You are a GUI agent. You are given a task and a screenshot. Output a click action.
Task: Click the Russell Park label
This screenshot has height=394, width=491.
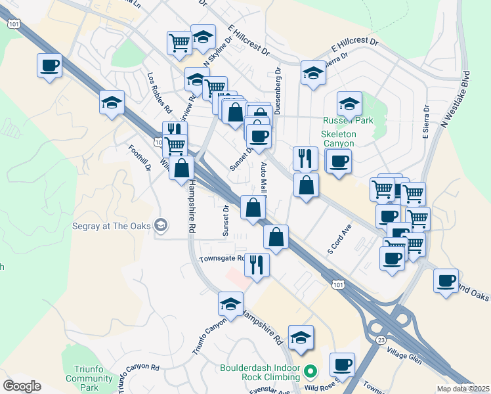(x=347, y=120)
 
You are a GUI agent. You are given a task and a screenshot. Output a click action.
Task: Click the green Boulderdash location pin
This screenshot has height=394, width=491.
(x=310, y=373)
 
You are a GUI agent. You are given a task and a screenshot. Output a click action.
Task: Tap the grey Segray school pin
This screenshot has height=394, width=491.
(x=160, y=227)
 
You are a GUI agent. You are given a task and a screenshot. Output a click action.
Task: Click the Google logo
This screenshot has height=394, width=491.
(x=22, y=386)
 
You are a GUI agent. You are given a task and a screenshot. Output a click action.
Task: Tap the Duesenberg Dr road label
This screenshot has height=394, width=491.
(x=277, y=89)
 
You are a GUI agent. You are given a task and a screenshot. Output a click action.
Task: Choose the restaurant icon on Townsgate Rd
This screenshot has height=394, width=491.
(x=257, y=265)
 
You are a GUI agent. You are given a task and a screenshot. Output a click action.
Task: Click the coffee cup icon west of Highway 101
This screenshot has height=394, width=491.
(x=49, y=65)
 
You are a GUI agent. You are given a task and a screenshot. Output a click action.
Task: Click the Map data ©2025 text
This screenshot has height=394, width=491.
(x=463, y=389)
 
